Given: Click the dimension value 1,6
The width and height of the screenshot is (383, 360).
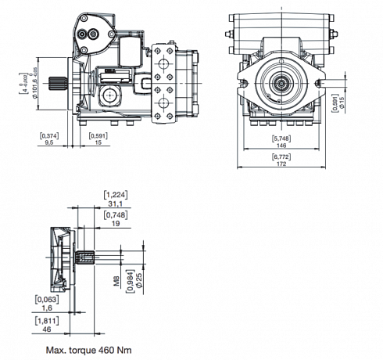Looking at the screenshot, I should click(47, 308).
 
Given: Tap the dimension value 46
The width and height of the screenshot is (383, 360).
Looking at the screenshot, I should click(47, 329).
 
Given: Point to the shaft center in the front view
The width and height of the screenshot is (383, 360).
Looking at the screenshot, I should click(279, 82).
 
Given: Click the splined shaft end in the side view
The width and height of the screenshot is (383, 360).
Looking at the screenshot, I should click(61, 84).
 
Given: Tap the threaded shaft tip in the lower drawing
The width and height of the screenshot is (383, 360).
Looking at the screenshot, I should click(89, 255).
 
